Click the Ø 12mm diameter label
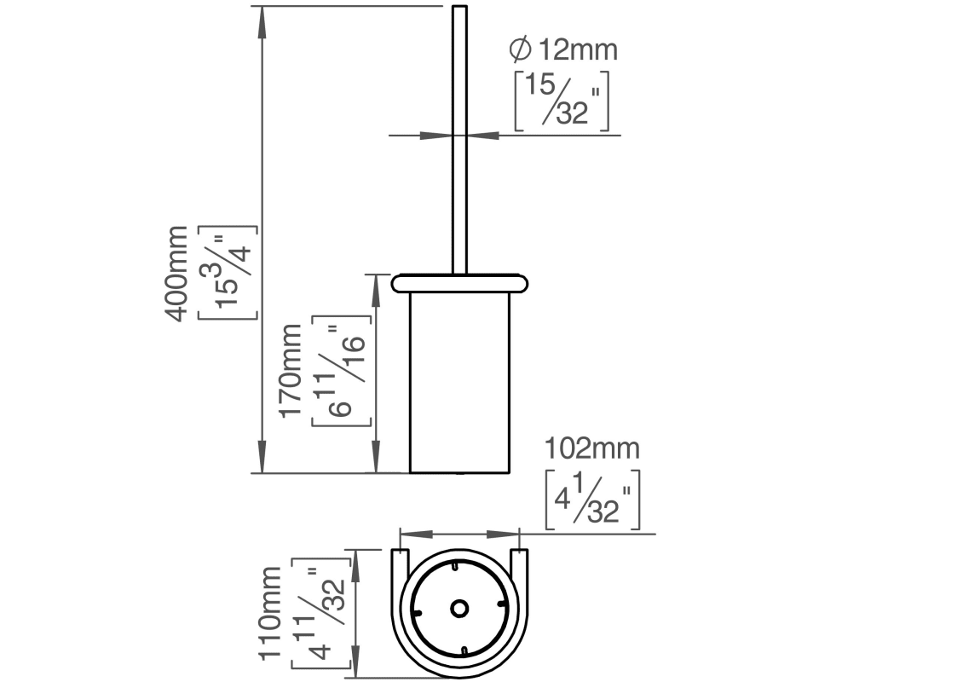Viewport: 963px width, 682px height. tap(563, 49)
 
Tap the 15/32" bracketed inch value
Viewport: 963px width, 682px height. tap(562, 101)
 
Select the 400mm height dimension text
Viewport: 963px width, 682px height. tap(176, 274)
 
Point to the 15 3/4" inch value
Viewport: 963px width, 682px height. tap(227, 274)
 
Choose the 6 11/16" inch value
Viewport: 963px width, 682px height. tap(343, 372)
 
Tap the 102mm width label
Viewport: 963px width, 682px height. tap(592, 448)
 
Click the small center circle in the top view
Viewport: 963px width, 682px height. tap(459, 609)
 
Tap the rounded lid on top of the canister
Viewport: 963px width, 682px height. tap(459, 282)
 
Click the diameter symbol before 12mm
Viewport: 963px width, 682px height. tap(520, 49)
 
